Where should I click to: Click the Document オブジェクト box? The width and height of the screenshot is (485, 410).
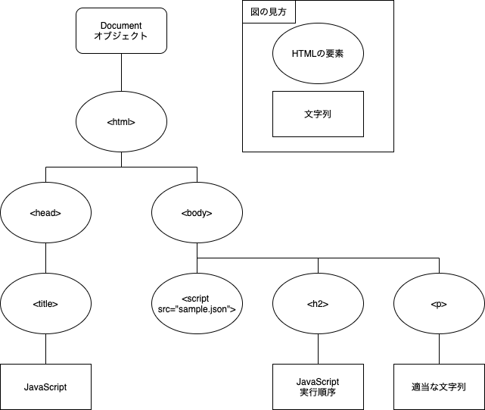(x=121, y=30)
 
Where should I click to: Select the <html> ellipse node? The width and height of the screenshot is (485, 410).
(x=121, y=121)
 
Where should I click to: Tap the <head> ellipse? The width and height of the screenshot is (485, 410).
(x=45, y=212)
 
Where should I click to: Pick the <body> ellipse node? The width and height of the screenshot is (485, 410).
(x=197, y=212)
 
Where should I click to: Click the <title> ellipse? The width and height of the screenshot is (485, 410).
(x=45, y=303)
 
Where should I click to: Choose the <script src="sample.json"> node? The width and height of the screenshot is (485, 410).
(x=197, y=303)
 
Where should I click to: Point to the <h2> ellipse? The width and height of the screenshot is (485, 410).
(x=318, y=303)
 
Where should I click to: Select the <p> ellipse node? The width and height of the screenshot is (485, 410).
(x=439, y=303)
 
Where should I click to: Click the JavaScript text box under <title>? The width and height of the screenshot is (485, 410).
(x=45, y=387)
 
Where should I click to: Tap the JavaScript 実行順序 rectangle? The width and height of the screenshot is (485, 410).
(x=318, y=387)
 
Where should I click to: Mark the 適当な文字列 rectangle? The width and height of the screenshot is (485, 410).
(x=439, y=387)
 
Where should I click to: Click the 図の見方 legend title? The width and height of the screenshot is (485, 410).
(x=269, y=12)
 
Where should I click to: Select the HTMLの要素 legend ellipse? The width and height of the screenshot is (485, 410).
(x=318, y=54)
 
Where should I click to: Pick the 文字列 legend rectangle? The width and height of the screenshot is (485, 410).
(x=318, y=114)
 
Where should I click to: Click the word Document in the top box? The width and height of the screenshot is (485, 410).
(x=121, y=25)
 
